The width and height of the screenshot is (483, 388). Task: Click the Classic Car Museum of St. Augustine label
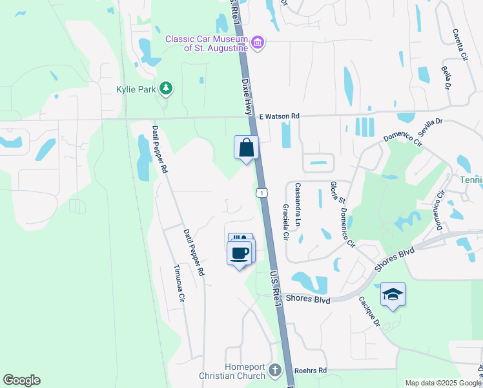click(x=207, y=43)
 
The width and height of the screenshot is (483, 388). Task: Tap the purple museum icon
click(x=258, y=43)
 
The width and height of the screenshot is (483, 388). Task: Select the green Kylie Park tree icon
click(x=166, y=89)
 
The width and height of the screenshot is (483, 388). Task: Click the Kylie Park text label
click(x=136, y=89)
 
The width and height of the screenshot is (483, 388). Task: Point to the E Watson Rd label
click(x=280, y=116)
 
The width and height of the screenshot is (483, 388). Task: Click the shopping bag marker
click(x=246, y=148)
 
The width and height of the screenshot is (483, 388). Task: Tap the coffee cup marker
click(x=241, y=252)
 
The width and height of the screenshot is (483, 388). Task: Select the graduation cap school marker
click(x=393, y=294)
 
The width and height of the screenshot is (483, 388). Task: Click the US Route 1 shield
click(x=261, y=193)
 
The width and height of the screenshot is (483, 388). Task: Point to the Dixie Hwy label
click(x=247, y=97)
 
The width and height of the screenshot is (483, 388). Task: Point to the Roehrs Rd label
click(x=311, y=371)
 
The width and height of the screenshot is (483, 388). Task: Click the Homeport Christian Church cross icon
click(x=275, y=371)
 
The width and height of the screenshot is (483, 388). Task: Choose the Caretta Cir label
click(x=460, y=45)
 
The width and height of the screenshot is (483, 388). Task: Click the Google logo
click(x=21, y=380)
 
